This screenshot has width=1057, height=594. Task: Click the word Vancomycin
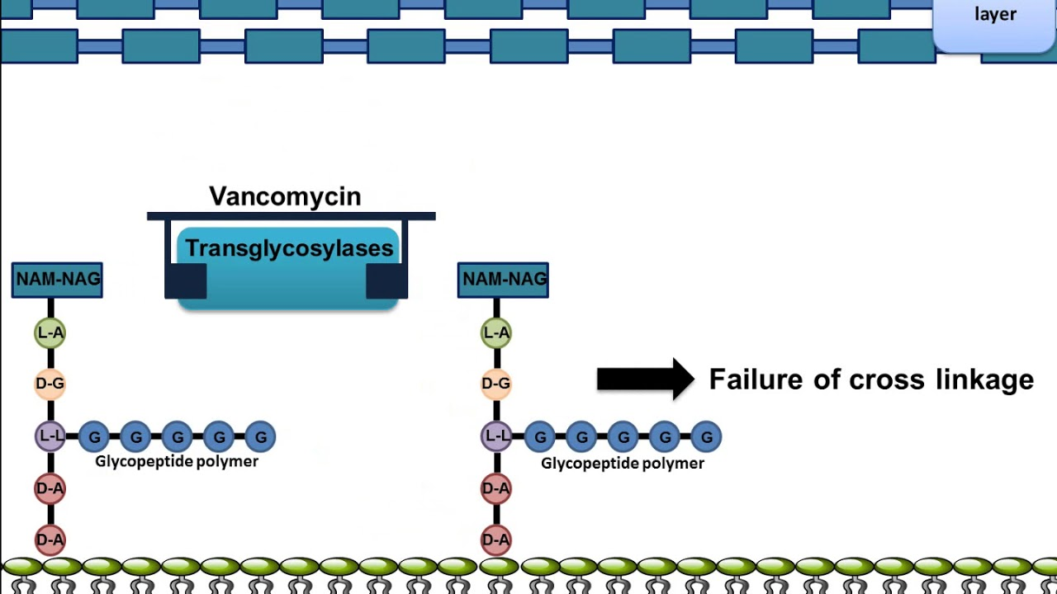(285, 196)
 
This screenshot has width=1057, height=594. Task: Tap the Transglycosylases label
(289, 248)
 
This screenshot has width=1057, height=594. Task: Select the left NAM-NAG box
(57, 280)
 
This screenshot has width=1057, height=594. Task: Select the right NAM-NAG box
(503, 280)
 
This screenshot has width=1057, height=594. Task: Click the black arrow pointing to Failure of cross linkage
(645, 379)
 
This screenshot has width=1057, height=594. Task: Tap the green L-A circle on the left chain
(50, 333)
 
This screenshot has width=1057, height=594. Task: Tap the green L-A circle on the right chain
(496, 333)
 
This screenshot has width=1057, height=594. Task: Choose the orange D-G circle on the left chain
(50, 384)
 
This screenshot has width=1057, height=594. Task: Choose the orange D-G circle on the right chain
(496, 384)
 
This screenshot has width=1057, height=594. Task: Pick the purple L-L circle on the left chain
(50, 436)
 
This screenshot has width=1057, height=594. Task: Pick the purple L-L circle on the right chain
(496, 436)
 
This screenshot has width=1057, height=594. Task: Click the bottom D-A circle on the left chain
(50, 540)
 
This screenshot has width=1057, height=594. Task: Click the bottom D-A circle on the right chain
(496, 540)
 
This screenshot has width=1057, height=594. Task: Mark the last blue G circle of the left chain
(261, 437)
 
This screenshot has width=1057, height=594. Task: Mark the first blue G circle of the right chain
(540, 437)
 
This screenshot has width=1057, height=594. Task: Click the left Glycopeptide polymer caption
(177, 461)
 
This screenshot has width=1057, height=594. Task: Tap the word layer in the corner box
(995, 15)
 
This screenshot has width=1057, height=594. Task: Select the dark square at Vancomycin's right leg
(386, 281)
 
